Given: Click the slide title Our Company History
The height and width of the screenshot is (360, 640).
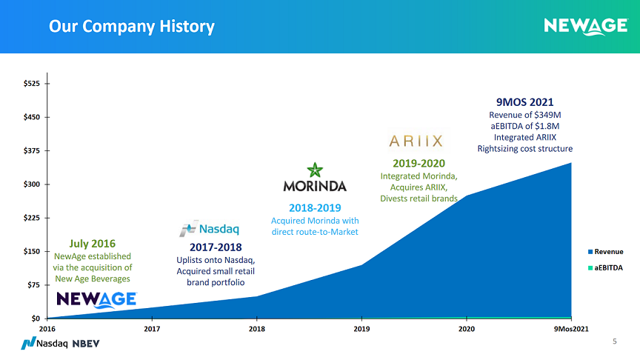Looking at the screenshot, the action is click(x=131, y=27).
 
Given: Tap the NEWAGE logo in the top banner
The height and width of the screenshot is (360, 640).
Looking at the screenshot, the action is click(x=586, y=27).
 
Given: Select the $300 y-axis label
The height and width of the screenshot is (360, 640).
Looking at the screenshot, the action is click(x=32, y=184).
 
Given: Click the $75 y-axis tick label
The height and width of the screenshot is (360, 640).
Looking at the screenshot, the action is click(x=34, y=285).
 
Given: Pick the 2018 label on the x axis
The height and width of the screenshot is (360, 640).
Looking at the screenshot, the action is click(x=257, y=329).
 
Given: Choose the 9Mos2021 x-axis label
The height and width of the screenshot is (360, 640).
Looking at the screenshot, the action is click(x=571, y=329).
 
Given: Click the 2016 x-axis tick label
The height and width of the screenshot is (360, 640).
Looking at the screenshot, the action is click(x=47, y=329).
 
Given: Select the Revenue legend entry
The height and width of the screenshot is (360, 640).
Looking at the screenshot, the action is click(x=605, y=252).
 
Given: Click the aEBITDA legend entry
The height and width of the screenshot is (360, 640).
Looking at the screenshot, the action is click(x=605, y=268).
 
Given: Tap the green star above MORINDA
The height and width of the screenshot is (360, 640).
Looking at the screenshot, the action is click(x=315, y=170).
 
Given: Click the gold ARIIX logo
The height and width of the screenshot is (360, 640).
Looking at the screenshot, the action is click(x=416, y=141).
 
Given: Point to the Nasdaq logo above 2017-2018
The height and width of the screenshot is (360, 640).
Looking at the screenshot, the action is click(x=209, y=229).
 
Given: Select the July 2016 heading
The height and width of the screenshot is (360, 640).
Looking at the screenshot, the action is click(x=93, y=244).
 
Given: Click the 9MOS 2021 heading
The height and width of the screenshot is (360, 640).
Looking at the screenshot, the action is click(x=525, y=102).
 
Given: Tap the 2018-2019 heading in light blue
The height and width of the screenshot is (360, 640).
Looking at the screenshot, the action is click(x=315, y=208).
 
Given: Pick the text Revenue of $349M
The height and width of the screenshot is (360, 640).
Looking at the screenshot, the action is click(x=525, y=115).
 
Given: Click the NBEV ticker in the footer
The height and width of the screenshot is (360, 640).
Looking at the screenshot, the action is click(x=86, y=344).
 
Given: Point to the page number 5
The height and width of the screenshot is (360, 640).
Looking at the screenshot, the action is click(x=615, y=341).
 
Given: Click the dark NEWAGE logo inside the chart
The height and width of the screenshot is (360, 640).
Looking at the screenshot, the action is click(x=96, y=299).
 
